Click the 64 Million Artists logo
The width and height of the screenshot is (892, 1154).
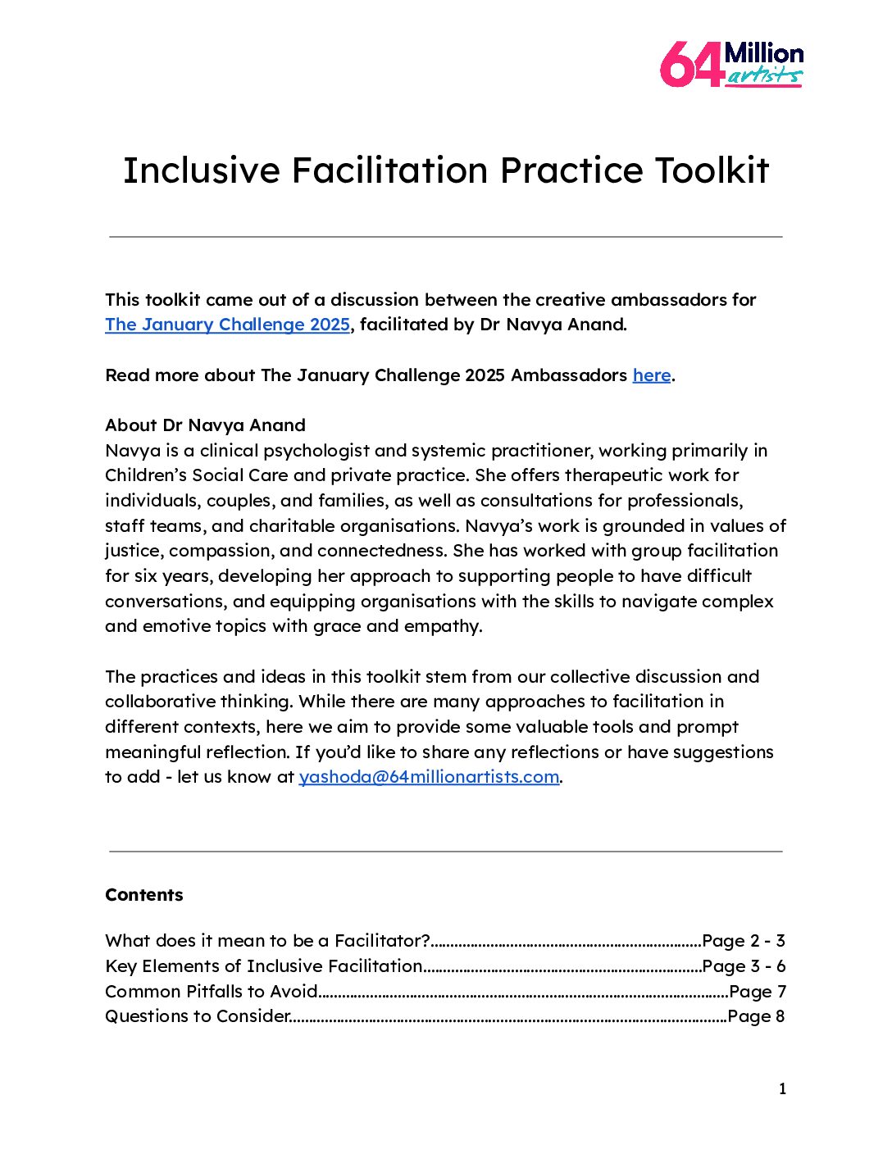731,65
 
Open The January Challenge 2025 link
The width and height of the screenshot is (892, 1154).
227,325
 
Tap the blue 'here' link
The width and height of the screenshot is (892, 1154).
652,375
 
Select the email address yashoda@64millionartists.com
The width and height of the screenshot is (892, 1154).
429,777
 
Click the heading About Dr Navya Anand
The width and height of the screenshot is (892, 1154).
205,425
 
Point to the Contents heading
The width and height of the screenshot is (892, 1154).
144,895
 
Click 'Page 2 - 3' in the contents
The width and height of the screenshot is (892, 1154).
744,941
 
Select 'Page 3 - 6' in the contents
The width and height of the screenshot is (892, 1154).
744,966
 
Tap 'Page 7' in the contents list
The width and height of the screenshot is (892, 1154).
758,992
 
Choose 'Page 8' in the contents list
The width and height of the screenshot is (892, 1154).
756,1016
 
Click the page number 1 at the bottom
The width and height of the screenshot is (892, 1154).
782,1089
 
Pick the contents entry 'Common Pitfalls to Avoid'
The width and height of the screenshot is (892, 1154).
212,992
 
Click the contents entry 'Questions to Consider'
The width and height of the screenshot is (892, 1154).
198,1016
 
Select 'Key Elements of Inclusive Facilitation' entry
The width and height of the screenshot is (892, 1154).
263,966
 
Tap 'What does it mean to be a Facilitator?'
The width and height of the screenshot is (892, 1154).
267,941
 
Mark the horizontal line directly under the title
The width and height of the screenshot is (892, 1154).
446,237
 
